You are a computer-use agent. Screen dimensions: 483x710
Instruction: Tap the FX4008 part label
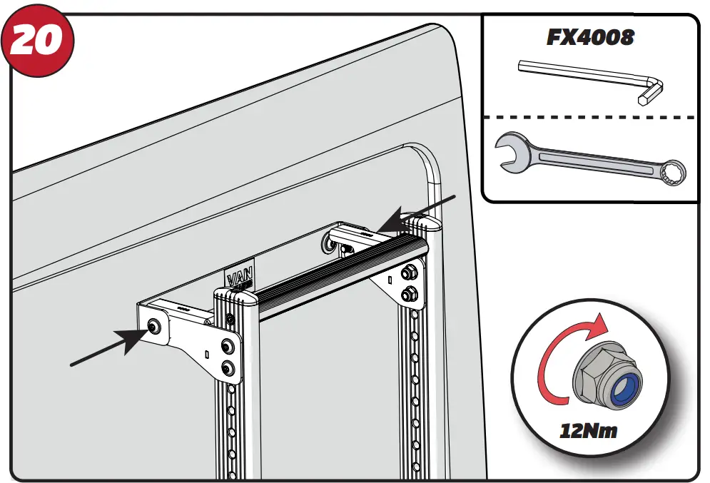(590, 37)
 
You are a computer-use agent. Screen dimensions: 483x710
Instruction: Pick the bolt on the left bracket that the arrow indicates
(154, 325)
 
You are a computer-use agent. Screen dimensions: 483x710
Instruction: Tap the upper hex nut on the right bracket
(410, 273)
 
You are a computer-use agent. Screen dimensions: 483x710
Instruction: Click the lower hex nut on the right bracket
(410, 292)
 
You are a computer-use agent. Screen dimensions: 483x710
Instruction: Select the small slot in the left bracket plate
(206, 353)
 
